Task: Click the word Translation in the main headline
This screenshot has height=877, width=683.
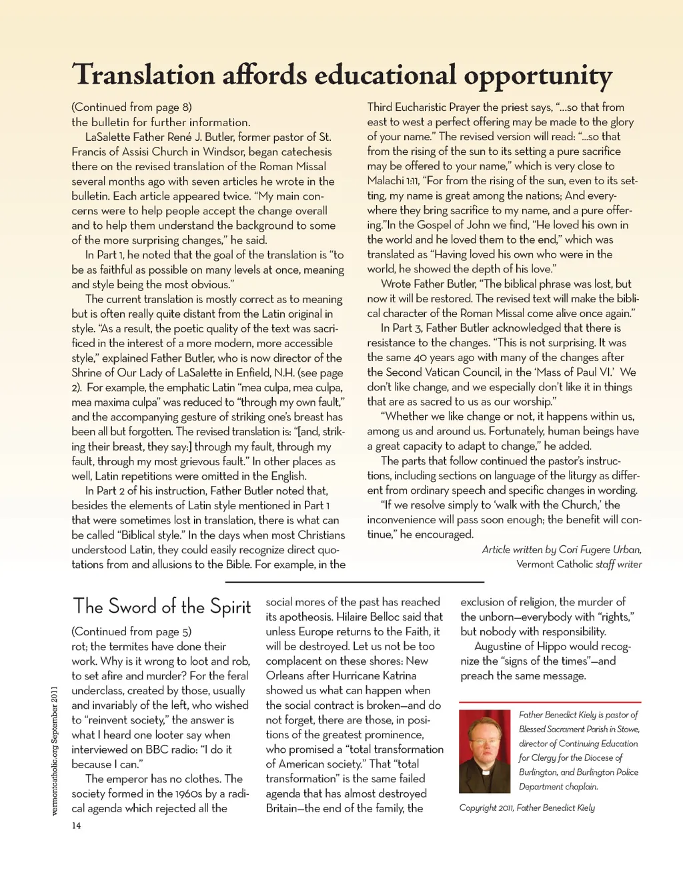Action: point(143,74)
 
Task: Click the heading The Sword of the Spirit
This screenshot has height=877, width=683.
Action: point(161,606)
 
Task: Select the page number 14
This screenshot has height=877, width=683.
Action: point(76,826)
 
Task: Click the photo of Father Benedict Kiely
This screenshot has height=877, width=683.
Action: point(485,751)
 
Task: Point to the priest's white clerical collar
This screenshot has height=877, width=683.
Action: point(485,772)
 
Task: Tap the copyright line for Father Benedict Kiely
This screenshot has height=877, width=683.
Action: point(527,808)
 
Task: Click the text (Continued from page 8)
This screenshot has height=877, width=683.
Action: point(131,107)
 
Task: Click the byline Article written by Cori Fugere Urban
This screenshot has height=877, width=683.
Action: point(562,549)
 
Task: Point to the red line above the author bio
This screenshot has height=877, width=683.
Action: point(550,702)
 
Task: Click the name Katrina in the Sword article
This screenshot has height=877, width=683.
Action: point(400,675)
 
